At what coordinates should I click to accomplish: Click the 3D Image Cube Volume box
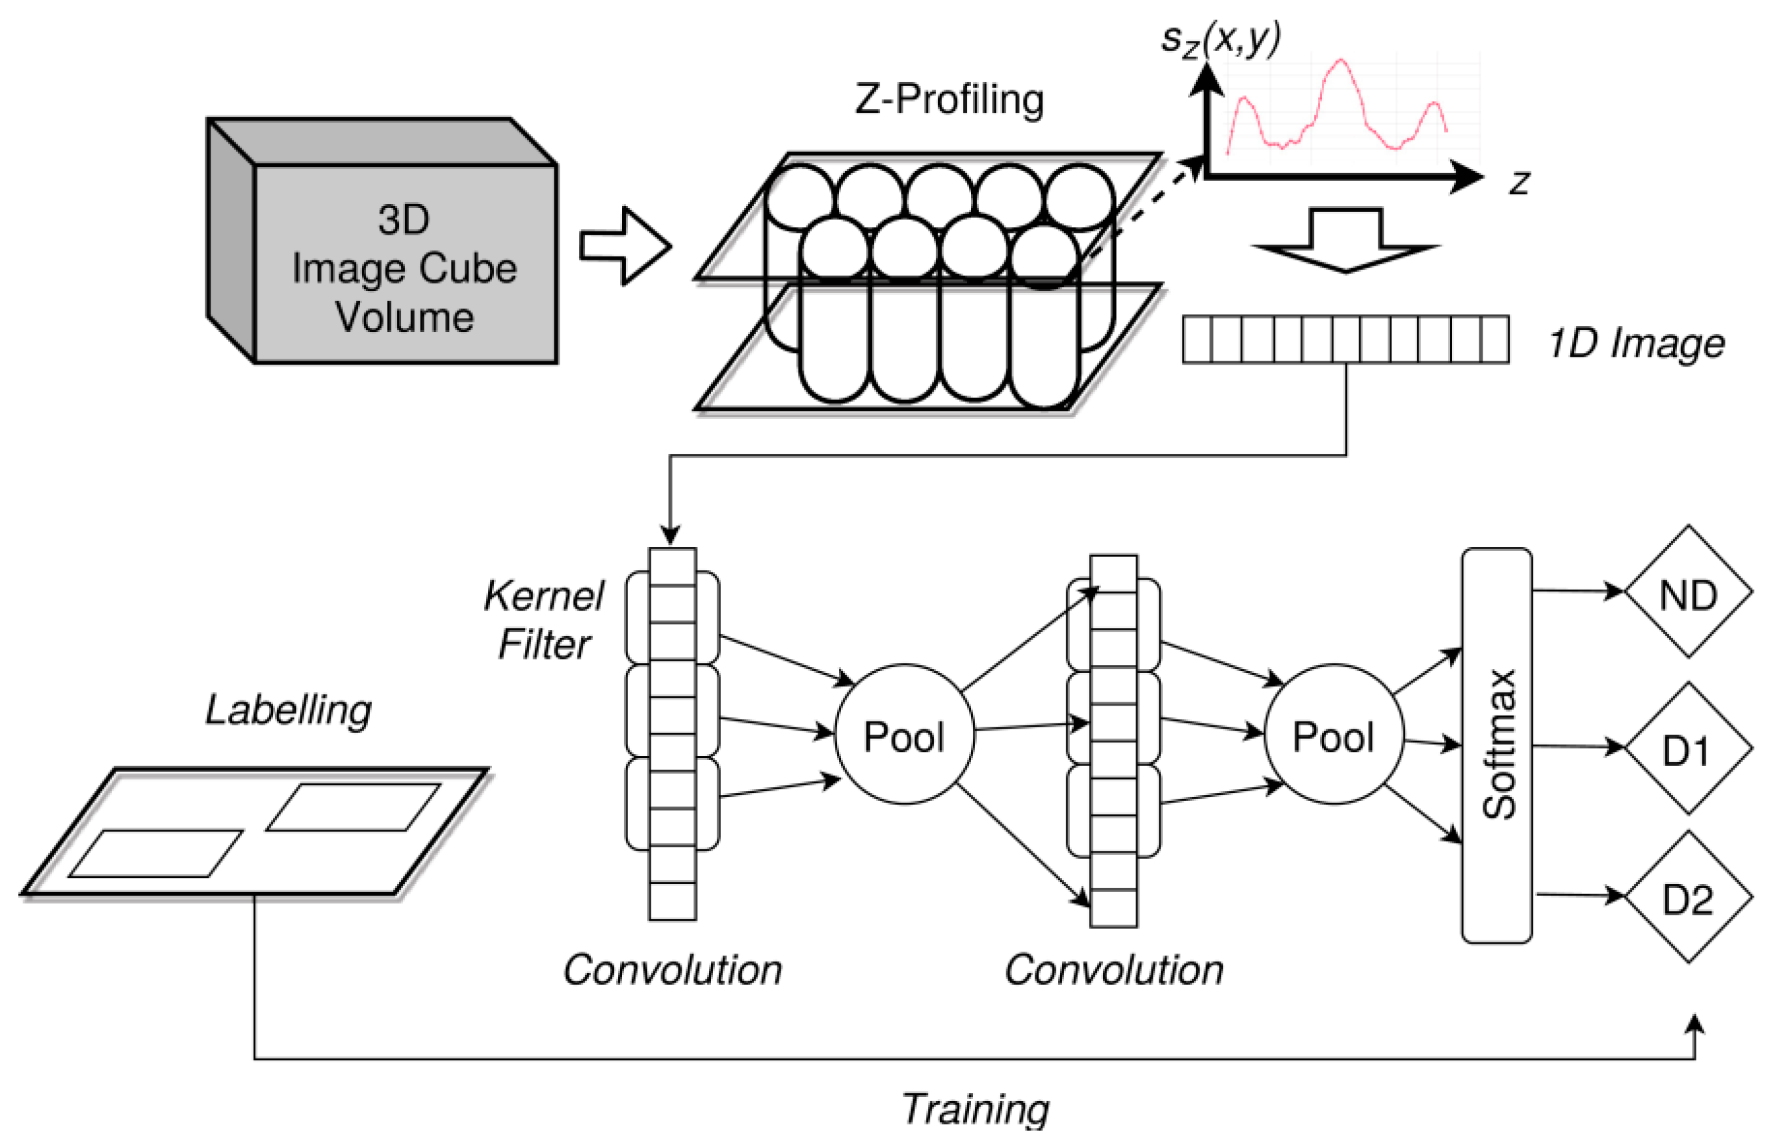(x=382, y=240)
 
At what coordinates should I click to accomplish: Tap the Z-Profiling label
(x=950, y=100)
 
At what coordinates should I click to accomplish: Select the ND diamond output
(x=1688, y=592)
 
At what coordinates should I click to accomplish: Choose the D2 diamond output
(x=1688, y=896)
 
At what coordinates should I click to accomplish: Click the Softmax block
(x=1496, y=746)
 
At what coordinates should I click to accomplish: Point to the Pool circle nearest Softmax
(x=1334, y=734)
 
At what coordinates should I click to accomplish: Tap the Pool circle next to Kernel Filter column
(x=904, y=734)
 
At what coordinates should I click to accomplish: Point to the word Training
(x=976, y=1109)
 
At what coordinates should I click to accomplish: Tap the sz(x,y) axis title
(x=1220, y=39)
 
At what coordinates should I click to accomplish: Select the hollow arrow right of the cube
(x=625, y=245)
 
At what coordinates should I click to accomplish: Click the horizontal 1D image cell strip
(x=1346, y=340)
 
